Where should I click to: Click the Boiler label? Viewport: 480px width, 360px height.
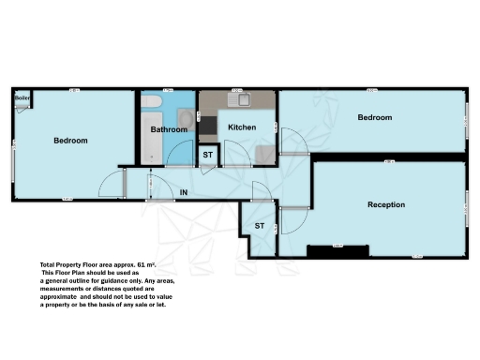coord(22,97)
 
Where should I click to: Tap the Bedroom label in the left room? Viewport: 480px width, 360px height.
coord(70,141)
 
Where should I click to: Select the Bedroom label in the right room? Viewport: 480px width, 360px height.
coord(374,117)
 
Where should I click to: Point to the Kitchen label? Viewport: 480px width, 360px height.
coord(242,127)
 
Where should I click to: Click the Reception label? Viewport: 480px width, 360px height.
coord(385,204)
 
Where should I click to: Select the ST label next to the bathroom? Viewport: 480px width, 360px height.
coord(207,155)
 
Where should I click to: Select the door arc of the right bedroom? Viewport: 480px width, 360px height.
coord(293,142)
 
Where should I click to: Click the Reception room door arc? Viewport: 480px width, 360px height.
coord(292,223)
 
